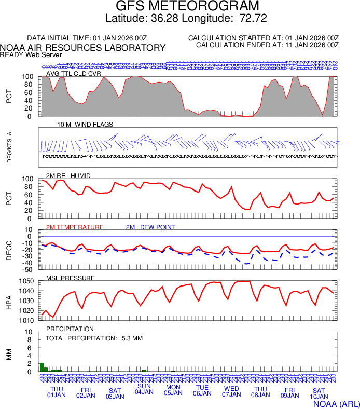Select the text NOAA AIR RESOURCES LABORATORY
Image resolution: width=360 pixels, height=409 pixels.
(x=83, y=48)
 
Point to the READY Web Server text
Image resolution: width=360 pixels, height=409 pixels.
(x=31, y=54)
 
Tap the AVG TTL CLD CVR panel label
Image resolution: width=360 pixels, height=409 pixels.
(x=74, y=73)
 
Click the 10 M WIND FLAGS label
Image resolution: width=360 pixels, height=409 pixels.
(x=85, y=125)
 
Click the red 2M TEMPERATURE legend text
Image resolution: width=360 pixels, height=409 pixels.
(x=75, y=227)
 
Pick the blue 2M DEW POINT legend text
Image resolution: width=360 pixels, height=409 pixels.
(x=150, y=227)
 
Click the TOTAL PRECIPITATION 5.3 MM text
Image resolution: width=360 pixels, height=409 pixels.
(x=94, y=338)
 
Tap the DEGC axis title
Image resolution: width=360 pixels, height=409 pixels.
(x=9, y=250)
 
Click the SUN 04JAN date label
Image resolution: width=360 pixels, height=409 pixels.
(x=144, y=389)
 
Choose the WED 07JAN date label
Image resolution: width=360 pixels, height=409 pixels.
(x=231, y=392)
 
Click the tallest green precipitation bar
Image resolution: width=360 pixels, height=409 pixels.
(x=42, y=367)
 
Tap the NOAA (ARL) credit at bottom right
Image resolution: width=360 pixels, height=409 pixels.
(x=337, y=403)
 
